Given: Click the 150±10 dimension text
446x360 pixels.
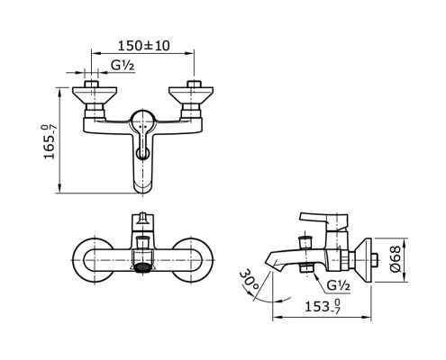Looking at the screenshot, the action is pyautogui.click(x=143, y=46).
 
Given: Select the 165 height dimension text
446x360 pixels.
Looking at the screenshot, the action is pyautogui.click(x=49, y=142).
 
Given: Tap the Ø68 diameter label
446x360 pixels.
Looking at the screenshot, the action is pyautogui.click(x=396, y=259).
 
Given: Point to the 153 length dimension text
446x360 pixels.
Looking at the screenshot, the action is pyautogui.click(x=323, y=306).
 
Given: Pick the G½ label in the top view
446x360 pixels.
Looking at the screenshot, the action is pyautogui.click(x=123, y=65).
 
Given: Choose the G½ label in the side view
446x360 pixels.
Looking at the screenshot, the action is pyautogui.click(x=338, y=285).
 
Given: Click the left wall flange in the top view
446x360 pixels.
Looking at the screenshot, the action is pyautogui.click(x=95, y=94).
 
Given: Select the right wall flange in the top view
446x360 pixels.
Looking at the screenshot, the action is pyautogui.click(x=191, y=94).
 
